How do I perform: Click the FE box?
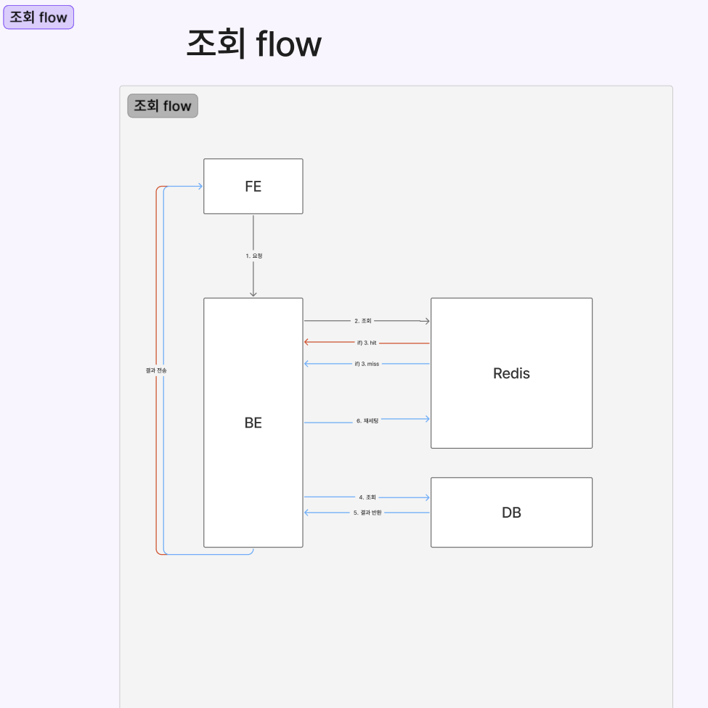point(253,186)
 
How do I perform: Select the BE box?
point(253,422)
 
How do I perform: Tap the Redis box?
point(511,373)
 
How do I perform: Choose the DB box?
point(511,512)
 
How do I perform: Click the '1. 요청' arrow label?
point(253,256)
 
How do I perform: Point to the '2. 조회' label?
point(363,320)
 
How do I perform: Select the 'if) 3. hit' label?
point(367,342)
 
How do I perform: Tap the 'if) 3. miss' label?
point(367,363)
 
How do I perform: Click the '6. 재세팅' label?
point(367,420)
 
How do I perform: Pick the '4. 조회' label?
point(367,497)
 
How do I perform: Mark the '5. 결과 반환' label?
point(367,513)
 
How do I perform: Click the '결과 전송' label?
point(156,370)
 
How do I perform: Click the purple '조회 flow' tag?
point(38,17)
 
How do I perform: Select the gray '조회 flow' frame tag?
point(163,106)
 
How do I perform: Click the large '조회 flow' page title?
point(253,44)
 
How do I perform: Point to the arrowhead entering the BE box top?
point(253,293)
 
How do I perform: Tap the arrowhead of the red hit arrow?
point(308,342)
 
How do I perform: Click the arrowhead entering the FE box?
point(199,187)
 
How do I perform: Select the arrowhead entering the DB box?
point(426,497)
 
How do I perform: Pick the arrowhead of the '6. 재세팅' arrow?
point(426,418)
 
